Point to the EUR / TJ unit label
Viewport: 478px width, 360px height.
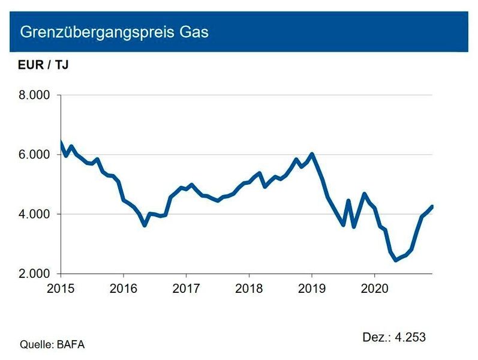tap(43, 65)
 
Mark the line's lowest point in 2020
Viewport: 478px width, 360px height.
tap(395, 260)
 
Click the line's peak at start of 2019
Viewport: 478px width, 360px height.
tap(312, 154)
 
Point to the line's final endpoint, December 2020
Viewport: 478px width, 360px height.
tap(432, 207)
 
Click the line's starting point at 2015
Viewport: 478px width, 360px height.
tap(61, 142)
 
